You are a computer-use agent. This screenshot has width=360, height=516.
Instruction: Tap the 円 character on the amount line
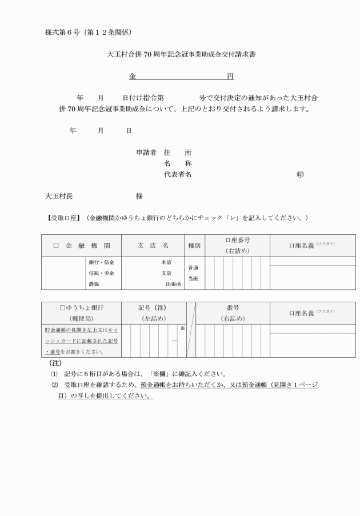click(x=229, y=75)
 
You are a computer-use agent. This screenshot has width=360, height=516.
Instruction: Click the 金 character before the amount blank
click(x=132, y=75)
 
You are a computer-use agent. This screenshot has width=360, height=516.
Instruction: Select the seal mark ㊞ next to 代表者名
click(x=300, y=174)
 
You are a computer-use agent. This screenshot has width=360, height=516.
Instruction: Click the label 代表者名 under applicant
click(x=177, y=174)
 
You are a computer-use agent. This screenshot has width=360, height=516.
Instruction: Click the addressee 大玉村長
click(x=59, y=196)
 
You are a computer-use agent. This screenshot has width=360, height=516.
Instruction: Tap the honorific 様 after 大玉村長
click(x=139, y=196)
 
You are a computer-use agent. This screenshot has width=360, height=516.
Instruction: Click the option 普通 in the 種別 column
click(x=193, y=267)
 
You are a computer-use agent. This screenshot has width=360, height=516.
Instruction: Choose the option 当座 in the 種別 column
click(x=193, y=278)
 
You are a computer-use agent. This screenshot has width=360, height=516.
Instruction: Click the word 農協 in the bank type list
click(x=93, y=283)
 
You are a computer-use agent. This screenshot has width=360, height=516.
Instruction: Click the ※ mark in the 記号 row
click(x=182, y=329)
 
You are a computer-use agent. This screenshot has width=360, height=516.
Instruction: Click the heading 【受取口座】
click(x=65, y=218)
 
